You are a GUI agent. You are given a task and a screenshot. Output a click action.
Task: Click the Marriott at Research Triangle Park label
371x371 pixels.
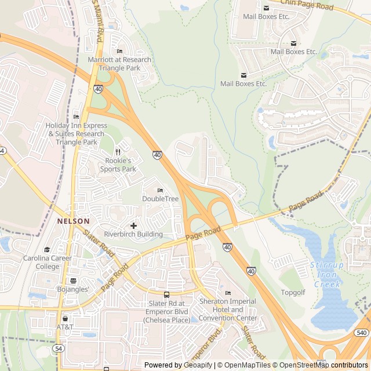(x=119, y=64)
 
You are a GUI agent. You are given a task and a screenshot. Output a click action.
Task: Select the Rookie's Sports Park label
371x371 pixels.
(x=118, y=165)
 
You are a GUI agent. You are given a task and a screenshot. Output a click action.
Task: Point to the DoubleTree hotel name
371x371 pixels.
(x=161, y=199)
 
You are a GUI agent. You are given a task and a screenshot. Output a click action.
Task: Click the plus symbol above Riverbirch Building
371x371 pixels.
(x=134, y=225)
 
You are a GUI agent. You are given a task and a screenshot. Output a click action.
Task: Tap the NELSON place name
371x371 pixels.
(x=73, y=221)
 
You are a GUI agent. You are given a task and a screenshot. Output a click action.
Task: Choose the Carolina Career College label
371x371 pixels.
(x=48, y=263)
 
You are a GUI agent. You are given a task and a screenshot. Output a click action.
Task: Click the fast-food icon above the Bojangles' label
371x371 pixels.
(x=73, y=280)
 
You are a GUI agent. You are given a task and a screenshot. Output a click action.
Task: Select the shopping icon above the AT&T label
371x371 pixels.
(x=65, y=318)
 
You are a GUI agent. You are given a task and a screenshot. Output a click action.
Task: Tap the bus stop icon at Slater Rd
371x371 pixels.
(x=167, y=294)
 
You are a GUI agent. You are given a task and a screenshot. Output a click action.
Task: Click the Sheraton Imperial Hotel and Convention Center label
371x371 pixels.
(x=228, y=310)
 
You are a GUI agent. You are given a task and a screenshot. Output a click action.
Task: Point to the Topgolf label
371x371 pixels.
(x=293, y=292)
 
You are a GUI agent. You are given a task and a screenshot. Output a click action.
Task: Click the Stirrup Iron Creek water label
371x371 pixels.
(x=327, y=275)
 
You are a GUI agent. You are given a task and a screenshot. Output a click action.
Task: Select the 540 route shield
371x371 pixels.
(x=362, y=332)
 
